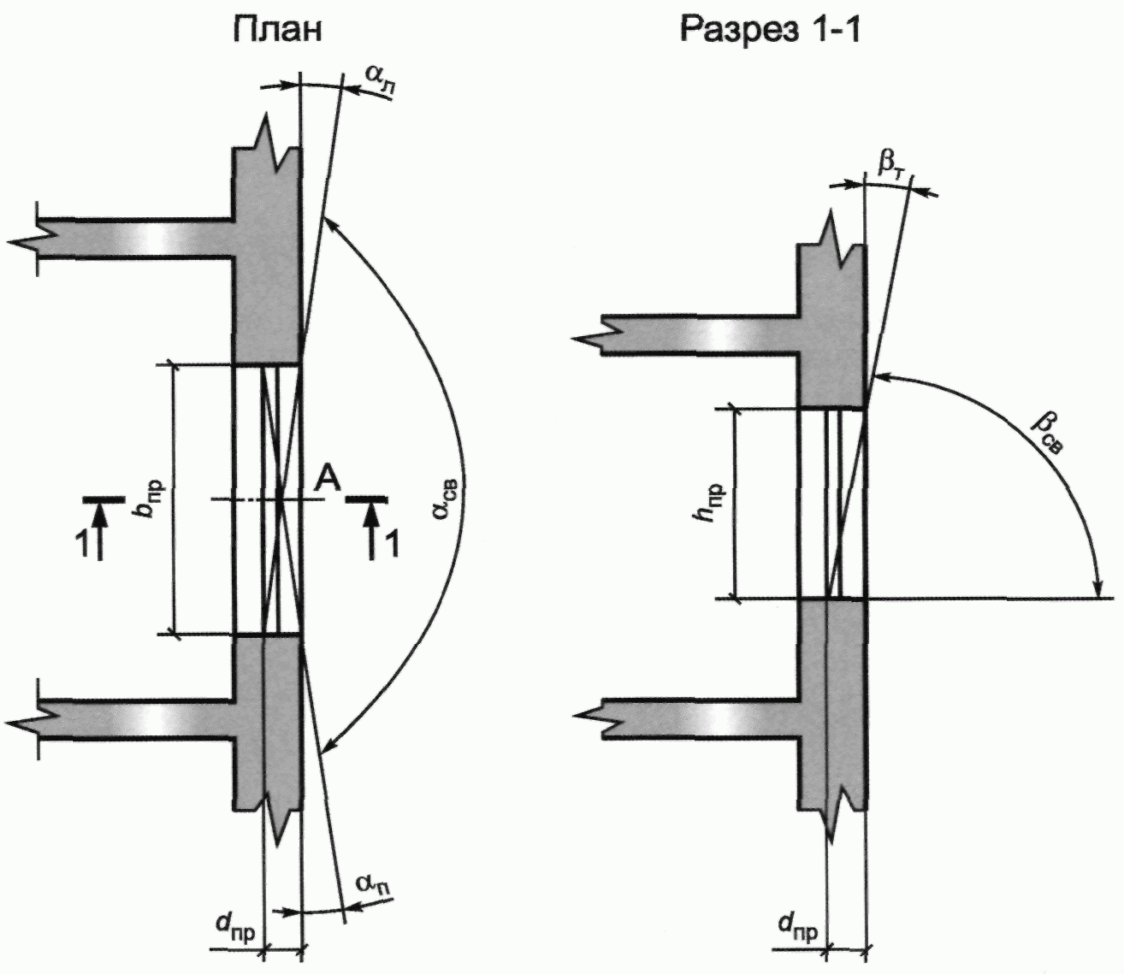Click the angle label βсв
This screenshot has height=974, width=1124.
click(x=1047, y=434)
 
